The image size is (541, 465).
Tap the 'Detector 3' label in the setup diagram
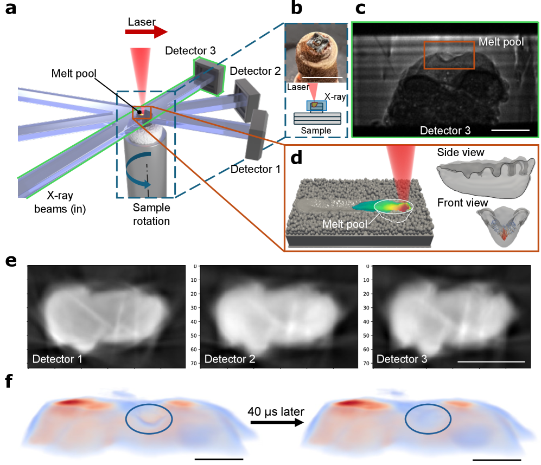[190, 51]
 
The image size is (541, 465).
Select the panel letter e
[10, 261]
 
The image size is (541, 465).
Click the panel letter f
[8, 382]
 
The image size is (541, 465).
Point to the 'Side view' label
[461, 153]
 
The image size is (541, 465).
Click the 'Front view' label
[463, 203]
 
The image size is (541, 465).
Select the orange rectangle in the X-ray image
[449, 55]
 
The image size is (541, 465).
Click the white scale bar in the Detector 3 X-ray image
[511, 130]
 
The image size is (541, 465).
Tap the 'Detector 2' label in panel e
[230, 359]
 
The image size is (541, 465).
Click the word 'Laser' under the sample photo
[296, 87]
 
